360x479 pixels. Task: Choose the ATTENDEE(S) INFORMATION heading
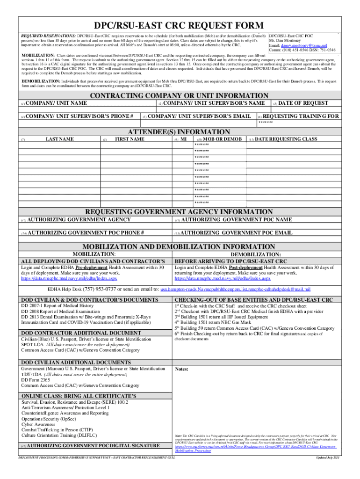pyautogui.click(x=179, y=132)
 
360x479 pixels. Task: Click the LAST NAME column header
pyautogui.click(x=60, y=139)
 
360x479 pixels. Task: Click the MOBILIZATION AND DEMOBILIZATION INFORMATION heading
pyautogui.click(x=179, y=247)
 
